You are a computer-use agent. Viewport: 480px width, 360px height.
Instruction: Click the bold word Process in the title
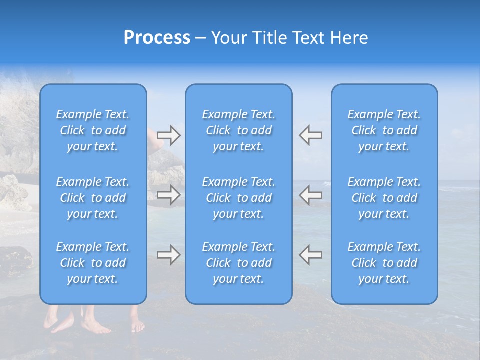tap(157, 38)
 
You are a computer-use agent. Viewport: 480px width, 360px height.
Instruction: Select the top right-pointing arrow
tap(168, 135)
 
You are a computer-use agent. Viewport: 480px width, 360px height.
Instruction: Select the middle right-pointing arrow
tap(168, 195)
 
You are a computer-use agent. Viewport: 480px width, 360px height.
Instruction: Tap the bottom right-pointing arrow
tap(168, 255)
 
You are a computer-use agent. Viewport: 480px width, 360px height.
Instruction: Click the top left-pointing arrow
tap(311, 135)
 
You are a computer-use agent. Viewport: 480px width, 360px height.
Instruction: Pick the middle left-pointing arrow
tap(311, 195)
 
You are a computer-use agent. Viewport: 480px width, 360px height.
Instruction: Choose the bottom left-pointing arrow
tap(311, 255)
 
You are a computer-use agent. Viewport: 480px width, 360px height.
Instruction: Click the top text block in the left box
tap(93, 130)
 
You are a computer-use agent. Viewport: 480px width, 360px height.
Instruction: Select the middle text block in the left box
tap(93, 198)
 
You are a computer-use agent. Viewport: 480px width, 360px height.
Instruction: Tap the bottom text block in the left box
tap(93, 263)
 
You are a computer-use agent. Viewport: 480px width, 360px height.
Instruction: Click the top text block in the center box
tap(239, 130)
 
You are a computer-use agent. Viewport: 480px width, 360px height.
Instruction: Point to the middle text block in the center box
tap(239, 198)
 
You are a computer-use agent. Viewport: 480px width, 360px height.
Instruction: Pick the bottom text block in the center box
tap(239, 263)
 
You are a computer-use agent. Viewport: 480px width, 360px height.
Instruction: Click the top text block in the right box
tap(384, 130)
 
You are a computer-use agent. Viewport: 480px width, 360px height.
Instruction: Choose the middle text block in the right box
tap(384, 198)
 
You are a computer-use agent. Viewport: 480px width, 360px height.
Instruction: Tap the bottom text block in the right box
tap(384, 263)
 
